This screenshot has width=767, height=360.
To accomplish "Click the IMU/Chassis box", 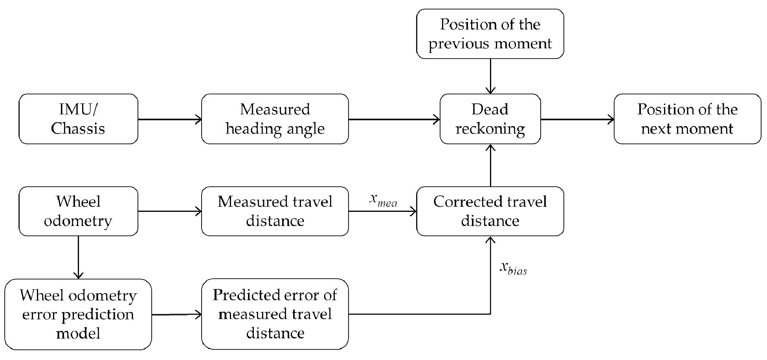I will tap(78, 119).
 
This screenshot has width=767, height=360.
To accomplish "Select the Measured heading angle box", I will tap(275, 119).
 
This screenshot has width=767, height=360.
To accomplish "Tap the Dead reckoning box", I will tap(490, 119).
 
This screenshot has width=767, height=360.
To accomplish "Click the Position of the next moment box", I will tap(687, 119).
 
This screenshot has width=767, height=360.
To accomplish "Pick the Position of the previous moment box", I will tap(490, 34).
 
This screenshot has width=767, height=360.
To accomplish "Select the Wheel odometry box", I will tap(78, 211).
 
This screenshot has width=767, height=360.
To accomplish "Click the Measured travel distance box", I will tap(275, 211).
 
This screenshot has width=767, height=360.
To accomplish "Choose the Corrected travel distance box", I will tap(490, 211).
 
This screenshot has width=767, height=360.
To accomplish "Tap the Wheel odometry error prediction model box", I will tap(78, 314).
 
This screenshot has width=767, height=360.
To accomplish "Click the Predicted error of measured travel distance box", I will tap(275, 314).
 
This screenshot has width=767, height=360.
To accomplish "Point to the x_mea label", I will tap(383, 200).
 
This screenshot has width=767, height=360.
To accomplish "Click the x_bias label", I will tap(513, 268).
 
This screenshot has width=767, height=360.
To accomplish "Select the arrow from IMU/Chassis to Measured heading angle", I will tap(169, 119).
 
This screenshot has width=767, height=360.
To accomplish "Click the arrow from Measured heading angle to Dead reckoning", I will tap(394, 119).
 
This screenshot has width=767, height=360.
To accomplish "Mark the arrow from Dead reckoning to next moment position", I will tap(577, 119).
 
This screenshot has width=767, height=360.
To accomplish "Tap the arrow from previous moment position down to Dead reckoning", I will tap(490, 76).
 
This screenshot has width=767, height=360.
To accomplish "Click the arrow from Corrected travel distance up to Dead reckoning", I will tap(490, 165).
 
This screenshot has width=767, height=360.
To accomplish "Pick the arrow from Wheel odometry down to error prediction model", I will tap(79, 257).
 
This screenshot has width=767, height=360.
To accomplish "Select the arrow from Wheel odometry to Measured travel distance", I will tap(169, 211).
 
